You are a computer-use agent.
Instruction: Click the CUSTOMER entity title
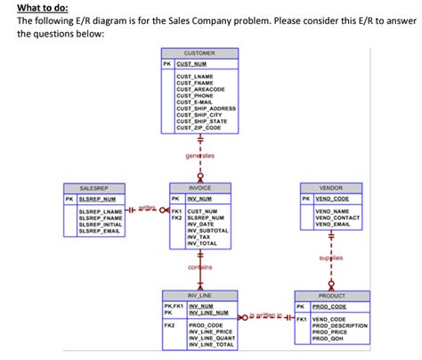(x=199, y=53)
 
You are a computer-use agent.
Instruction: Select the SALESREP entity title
(x=93, y=189)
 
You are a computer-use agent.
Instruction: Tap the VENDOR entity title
(x=330, y=189)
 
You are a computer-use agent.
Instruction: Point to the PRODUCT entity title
(x=332, y=295)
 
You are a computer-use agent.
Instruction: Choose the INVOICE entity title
(x=199, y=189)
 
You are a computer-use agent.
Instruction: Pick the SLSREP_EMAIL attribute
(x=99, y=231)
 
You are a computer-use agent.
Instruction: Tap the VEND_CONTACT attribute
(x=337, y=217)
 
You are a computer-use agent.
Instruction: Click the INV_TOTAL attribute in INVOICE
(x=203, y=243)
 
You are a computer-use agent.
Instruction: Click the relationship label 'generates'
(x=199, y=157)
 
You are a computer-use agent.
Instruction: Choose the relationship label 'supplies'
(x=331, y=258)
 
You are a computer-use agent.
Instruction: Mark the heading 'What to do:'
(x=38, y=8)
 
